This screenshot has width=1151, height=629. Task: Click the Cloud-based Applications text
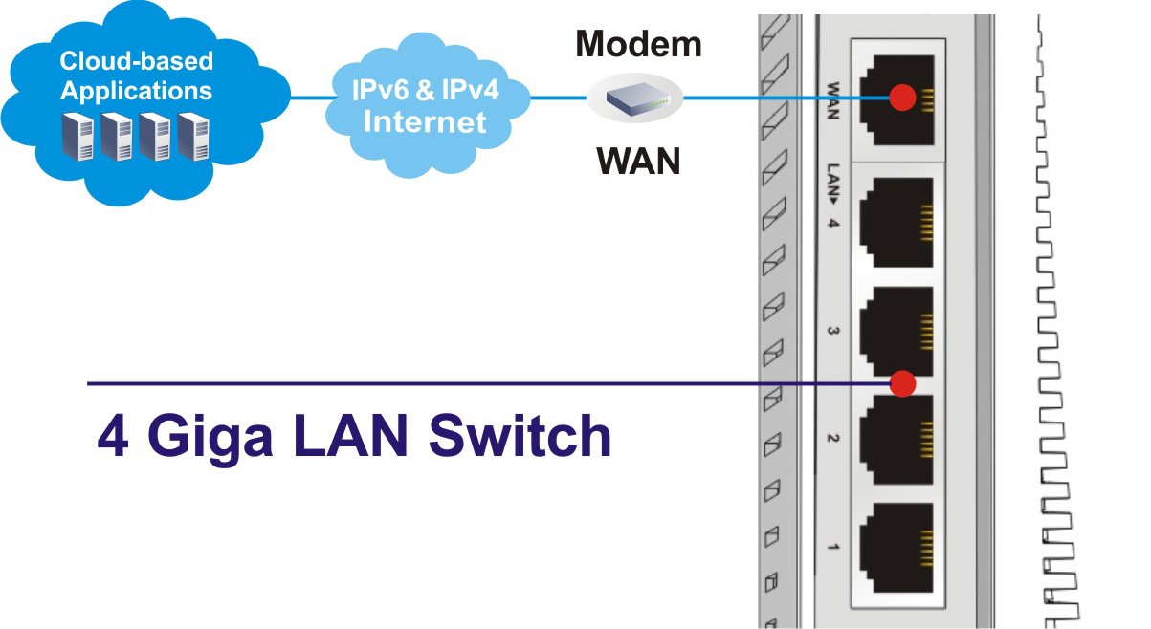[136, 76]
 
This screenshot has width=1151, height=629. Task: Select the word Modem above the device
[638, 44]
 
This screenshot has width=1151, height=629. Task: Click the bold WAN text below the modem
[638, 161]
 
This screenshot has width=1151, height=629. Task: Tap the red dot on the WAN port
[902, 97]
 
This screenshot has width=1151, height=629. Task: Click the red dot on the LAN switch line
[902, 383]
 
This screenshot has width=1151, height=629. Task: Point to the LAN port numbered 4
[896, 227]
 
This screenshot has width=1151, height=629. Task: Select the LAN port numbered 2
[896, 436]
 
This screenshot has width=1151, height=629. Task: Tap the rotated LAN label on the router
[832, 187]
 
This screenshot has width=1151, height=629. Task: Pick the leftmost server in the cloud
[77, 136]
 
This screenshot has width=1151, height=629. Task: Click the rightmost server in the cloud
[192, 136]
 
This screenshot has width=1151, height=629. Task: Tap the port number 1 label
[832, 547]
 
